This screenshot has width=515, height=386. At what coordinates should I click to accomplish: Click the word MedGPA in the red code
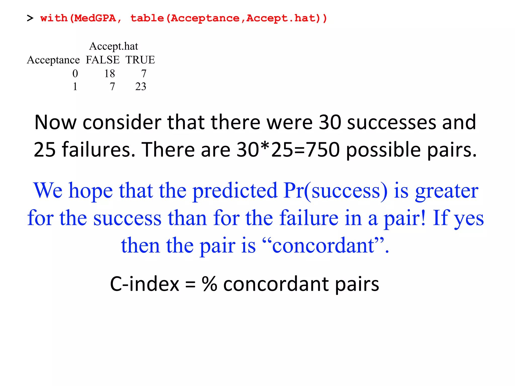coord(95,18)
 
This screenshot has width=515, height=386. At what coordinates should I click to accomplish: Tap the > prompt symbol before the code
coord(30,18)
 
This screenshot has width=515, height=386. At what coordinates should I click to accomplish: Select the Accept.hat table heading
coord(113,46)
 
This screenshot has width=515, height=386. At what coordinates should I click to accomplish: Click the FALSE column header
coord(103,60)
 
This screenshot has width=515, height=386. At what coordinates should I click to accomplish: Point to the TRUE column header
coord(140,60)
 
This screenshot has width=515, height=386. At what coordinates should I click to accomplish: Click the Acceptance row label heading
coord(53,60)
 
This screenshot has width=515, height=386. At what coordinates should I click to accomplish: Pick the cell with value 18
coord(110,74)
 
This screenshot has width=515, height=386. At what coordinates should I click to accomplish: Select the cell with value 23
coord(141,87)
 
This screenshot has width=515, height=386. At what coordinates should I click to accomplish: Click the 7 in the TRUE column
coord(144,74)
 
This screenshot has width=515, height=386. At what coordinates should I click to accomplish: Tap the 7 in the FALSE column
coord(112,87)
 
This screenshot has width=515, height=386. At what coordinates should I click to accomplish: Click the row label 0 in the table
coord(75,74)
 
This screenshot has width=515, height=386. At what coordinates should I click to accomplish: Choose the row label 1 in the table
coord(75,87)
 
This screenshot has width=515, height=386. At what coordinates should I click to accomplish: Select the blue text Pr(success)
coord(335,190)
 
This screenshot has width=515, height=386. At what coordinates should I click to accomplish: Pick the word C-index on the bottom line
coord(145,284)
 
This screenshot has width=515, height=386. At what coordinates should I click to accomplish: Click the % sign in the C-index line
coord(209,284)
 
